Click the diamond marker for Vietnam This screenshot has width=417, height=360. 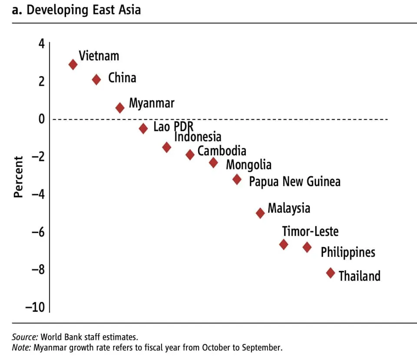(73, 64)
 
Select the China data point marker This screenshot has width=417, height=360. (96, 79)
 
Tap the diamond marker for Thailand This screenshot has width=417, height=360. (331, 273)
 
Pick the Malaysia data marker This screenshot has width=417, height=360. (260, 213)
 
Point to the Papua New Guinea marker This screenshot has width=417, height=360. (237, 179)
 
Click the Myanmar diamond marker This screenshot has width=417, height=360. (120, 108)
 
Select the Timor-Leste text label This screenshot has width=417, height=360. (310, 231)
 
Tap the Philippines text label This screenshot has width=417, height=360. (348, 252)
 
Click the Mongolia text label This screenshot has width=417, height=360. (248, 165)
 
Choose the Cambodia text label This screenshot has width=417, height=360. (222, 151)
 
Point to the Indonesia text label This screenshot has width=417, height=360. (198, 137)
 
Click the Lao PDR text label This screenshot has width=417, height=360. (173, 127)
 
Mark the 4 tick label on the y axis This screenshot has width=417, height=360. (42, 44)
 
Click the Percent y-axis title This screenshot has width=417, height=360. (18, 177)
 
